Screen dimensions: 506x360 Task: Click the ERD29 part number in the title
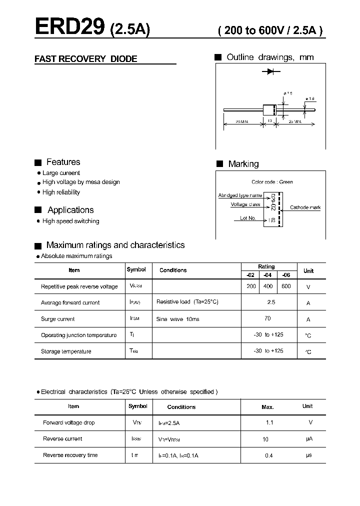click(69, 26)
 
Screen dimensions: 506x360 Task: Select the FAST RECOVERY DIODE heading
click(85, 59)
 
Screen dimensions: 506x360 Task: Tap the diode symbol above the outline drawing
click(270, 72)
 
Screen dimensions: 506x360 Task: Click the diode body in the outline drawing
click(269, 109)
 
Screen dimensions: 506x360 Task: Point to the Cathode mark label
click(305, 207)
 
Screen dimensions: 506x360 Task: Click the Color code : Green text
click(272, 182)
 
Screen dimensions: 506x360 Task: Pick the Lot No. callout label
click(247, 218)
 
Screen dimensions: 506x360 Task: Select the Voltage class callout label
click(245, 204)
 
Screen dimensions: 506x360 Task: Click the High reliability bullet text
click(61, 192)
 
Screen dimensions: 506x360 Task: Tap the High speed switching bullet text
click(70, 221)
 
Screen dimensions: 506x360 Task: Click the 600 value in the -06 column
click(286, 286)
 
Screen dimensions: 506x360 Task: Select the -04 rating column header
click(268, 274)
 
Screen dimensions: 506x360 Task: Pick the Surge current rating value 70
click(267, 318)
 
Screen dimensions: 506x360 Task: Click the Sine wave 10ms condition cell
click(177, 319)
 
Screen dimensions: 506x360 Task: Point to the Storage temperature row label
click(66, 351)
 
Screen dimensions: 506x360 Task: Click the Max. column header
click(267, 407)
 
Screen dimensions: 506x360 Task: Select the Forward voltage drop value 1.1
click(269, 422)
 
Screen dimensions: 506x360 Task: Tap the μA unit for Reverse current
click(309, 438)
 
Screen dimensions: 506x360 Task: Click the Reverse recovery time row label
click(70, 455)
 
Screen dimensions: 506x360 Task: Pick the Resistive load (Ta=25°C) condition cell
click(187, 302)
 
